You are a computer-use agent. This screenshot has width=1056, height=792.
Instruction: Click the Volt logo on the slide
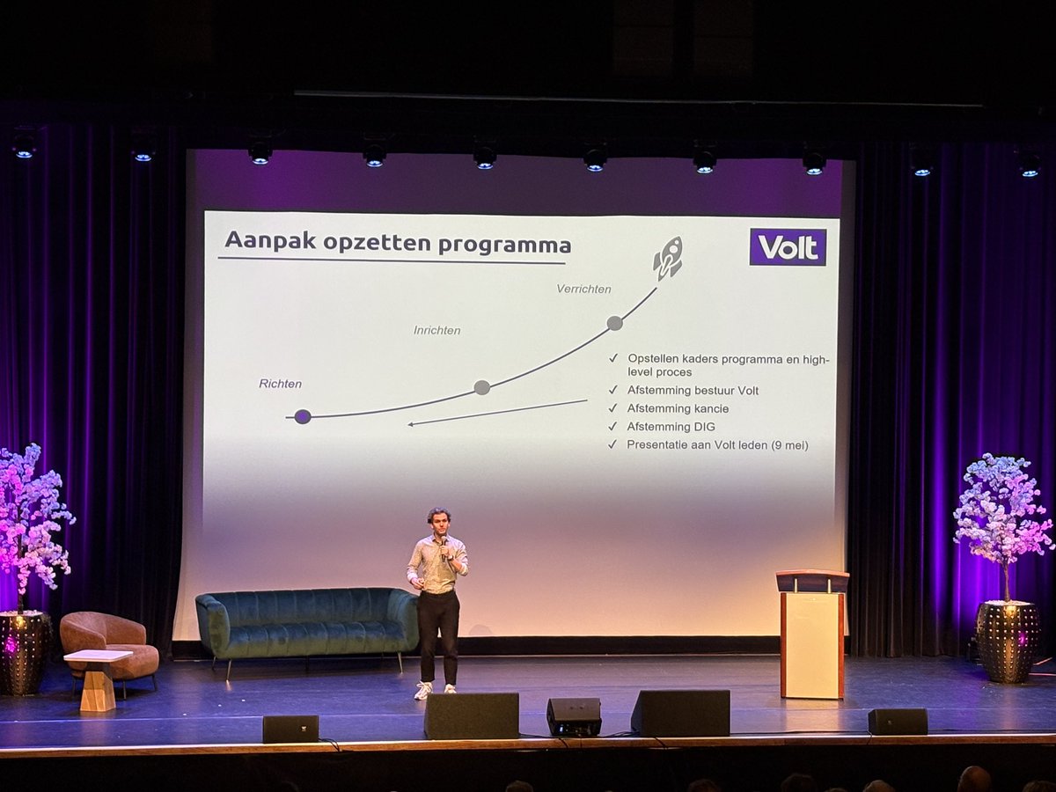788,247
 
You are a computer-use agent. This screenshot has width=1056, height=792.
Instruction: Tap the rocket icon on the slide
668,258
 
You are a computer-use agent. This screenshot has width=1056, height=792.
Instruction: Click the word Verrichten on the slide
583,289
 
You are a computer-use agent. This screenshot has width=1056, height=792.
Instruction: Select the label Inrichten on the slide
436,330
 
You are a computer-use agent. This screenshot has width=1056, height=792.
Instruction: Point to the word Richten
280,384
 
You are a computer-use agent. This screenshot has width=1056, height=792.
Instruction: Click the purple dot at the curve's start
302,416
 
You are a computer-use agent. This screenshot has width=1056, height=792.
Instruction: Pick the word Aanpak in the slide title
270,240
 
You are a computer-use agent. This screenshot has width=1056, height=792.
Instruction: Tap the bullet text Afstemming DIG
671,427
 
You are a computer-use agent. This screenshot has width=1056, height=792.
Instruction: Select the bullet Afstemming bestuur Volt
693,391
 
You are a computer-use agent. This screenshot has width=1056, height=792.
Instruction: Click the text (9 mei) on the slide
789,445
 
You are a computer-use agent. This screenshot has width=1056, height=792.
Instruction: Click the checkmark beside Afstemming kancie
612,408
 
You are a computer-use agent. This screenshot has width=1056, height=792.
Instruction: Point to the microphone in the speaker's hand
444,548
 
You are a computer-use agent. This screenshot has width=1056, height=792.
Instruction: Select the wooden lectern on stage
812,634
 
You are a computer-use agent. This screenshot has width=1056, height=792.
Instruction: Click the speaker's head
438,521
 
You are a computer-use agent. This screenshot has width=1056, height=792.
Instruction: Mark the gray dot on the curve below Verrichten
614,323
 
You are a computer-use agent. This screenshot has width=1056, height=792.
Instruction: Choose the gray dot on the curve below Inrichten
482,387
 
